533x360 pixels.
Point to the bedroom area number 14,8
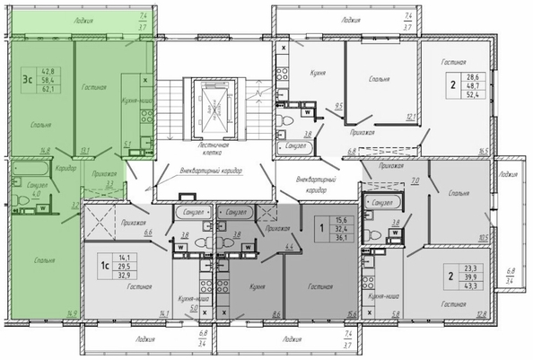click(42, 152)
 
